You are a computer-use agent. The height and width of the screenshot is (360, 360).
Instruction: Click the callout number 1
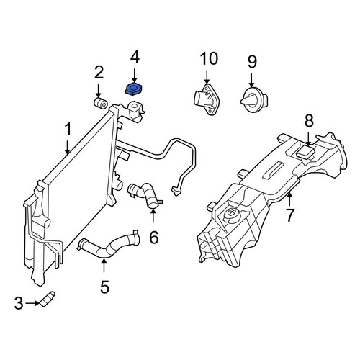tap(68, 130)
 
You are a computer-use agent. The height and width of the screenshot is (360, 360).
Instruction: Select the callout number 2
tap(99, 73)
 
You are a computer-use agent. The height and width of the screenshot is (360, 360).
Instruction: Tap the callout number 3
tap(19, 303)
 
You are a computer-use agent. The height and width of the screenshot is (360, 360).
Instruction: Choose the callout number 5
tap(105, 287)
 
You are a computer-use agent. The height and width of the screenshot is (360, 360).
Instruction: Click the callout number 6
tap(154, 237)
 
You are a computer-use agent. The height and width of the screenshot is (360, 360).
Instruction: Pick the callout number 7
tap(290, 215)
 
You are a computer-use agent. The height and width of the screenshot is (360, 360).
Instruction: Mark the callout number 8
tap(309, 121)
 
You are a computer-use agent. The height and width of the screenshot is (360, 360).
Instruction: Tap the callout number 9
tap(252, 62)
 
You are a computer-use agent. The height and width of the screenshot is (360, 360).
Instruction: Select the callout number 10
tap(210, 58)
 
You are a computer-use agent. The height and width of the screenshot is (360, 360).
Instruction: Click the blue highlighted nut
tap(134, 89)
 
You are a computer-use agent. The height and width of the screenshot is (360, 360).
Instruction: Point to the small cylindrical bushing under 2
tap(100, 103)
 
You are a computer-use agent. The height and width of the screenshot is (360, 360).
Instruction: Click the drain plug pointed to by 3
tap(47, 299)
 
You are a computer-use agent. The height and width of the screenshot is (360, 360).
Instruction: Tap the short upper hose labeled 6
tap(145, 194)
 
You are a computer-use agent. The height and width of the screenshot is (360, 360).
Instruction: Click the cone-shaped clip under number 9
tap(254, 99)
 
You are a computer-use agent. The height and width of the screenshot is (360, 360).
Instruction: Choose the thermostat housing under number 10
tap(207, 99)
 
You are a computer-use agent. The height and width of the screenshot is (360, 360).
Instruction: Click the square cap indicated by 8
tap(305, 153)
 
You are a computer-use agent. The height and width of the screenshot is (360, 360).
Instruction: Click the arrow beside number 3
tap(32, 303)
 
